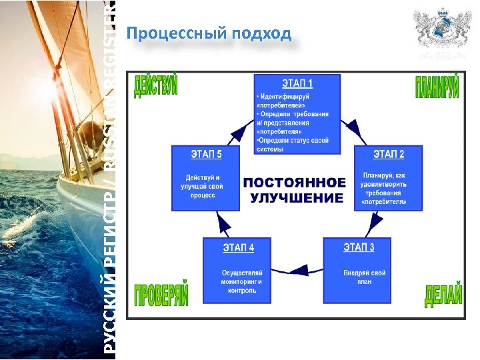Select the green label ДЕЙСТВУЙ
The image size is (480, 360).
click(x=156, y=87)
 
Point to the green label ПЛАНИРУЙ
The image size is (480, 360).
click(x=437, y=86)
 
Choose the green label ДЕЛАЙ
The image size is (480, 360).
click(x=443, y=295)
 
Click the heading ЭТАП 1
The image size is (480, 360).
click(x=297, y=84)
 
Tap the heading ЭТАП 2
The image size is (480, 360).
click(x=389, y=154)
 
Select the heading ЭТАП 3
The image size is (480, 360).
click(x=359, y=248)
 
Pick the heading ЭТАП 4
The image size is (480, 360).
click(x=239, y=248)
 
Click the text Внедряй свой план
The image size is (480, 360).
click(x=364, y=277)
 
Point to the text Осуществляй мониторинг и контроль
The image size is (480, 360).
click(x=242, y=281)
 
